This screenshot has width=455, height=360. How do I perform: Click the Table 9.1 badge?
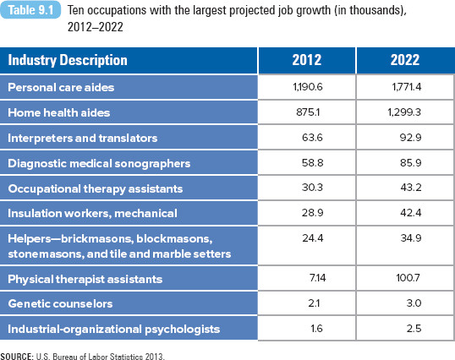point(30,10)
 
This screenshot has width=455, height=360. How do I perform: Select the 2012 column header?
point(307,60)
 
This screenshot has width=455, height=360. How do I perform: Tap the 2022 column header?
point(405,60)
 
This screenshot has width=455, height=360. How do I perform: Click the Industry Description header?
point(68,60)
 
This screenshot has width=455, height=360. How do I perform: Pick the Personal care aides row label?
point(61,87)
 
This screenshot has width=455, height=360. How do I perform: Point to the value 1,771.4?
point(407,87)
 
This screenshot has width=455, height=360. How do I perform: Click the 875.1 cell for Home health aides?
point(308,112)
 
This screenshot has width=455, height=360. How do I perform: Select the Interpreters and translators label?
point(82,138)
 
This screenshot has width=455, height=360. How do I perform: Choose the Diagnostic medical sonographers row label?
point(99,163)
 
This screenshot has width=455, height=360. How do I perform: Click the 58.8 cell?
point(313,162)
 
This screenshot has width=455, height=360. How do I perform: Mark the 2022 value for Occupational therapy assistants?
point(411,188)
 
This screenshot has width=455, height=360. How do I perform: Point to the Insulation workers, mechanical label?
point(92,213)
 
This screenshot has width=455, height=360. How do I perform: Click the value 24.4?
point(313,238)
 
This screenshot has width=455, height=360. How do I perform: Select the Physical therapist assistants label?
point(85,279)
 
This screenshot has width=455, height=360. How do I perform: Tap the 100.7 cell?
point(408,278)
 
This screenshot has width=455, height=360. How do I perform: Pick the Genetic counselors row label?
point(60,303)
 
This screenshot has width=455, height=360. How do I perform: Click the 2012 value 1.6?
point(316,329)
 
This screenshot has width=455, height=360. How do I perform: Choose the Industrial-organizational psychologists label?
point(113,330)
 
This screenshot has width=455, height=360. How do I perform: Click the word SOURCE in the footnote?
point(17,357)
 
